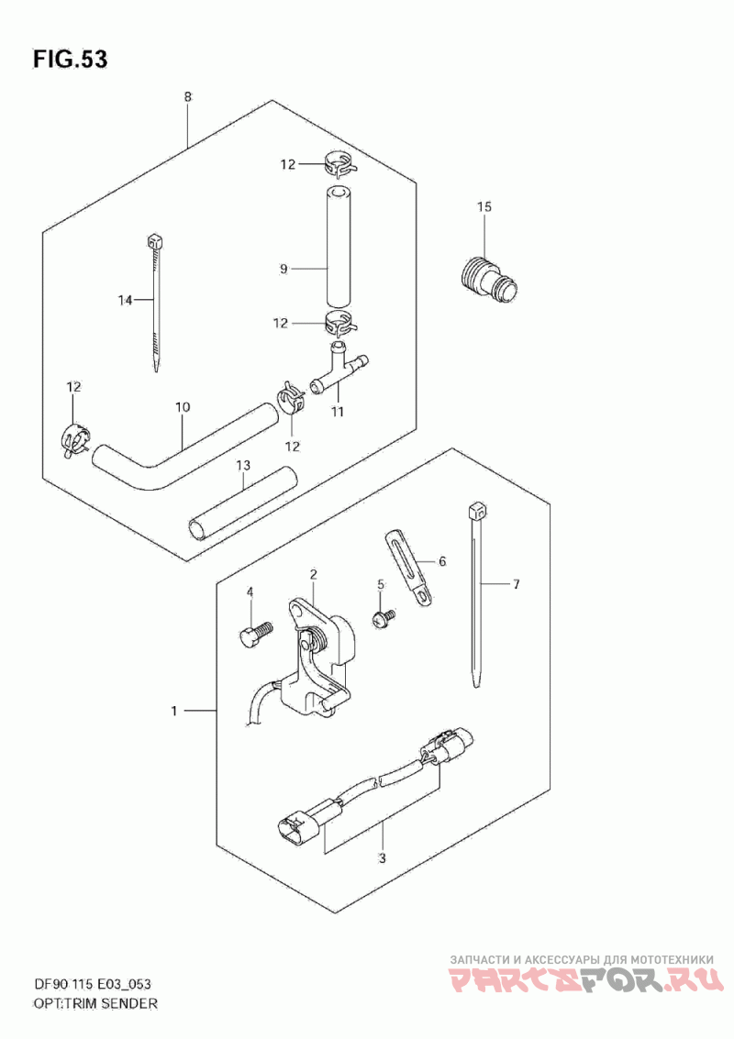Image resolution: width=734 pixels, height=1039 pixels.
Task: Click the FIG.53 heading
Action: coord(70,60)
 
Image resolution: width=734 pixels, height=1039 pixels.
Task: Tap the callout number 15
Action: coord(484,207)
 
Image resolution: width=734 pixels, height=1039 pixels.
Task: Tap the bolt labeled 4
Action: coord(252,635)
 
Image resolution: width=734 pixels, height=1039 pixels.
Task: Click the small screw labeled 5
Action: coord(383,619)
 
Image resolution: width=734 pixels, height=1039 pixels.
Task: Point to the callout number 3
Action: coord(383,858)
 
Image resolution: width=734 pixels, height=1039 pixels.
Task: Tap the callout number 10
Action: coord(182,405)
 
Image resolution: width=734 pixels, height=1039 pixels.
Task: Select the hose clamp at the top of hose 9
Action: coord(339,165)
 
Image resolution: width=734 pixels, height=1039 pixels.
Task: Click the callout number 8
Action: coord(187,97)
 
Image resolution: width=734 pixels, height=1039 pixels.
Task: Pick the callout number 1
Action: coord(173,710)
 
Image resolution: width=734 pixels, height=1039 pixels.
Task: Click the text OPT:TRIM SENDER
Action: coord(95,1003)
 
